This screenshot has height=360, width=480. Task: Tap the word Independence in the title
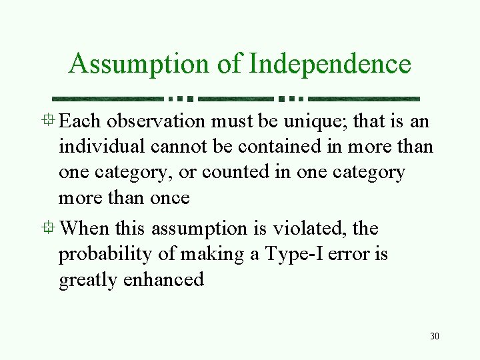point(330,65)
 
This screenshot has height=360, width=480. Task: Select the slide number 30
point(435,336)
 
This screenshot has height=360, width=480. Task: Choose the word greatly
point(89,279)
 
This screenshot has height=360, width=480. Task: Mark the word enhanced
point(163,279)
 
